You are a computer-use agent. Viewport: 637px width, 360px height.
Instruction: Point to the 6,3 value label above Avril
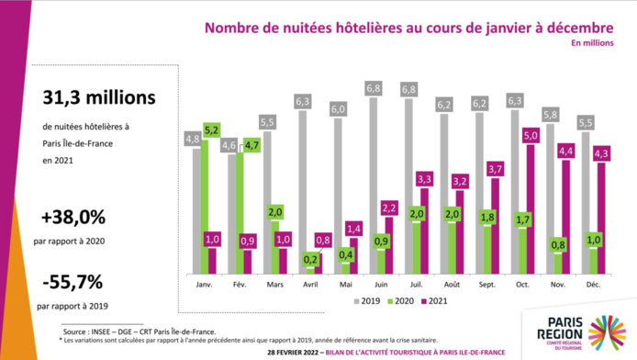point(303,101)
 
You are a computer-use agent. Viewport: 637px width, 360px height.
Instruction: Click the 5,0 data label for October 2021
point(531,135)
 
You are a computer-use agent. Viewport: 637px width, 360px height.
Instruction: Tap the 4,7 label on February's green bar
point(251,144)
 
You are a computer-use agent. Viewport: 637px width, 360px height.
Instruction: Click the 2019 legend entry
point(365,300)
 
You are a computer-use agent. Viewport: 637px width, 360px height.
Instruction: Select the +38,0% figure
point(73,218)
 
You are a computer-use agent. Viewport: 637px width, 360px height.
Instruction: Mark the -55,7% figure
point(72,279)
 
